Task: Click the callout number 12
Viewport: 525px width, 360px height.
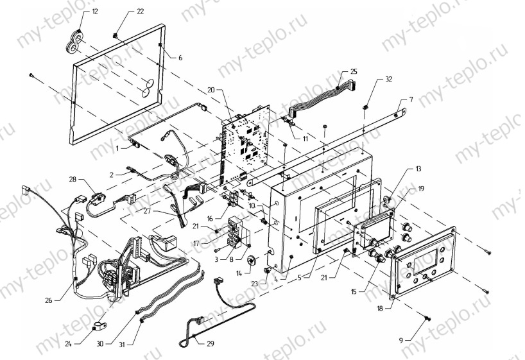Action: pos(95,12)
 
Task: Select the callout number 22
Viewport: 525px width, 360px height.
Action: pos(140,12)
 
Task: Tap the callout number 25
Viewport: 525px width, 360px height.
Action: pos(354,71)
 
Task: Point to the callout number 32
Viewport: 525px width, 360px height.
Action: pos(388,79)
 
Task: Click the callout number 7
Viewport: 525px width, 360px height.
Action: pos(411,99)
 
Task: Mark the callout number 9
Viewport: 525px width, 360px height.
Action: pos(401,341)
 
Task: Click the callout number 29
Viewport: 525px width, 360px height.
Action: pos(211,343)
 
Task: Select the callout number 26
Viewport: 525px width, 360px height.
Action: pos(49,300)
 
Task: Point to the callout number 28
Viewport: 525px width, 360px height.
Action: pos(73,179)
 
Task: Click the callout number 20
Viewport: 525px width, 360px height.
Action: pos(211,90)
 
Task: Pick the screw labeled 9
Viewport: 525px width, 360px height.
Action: pos(426,319)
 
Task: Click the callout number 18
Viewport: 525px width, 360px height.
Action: pos(380,309)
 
